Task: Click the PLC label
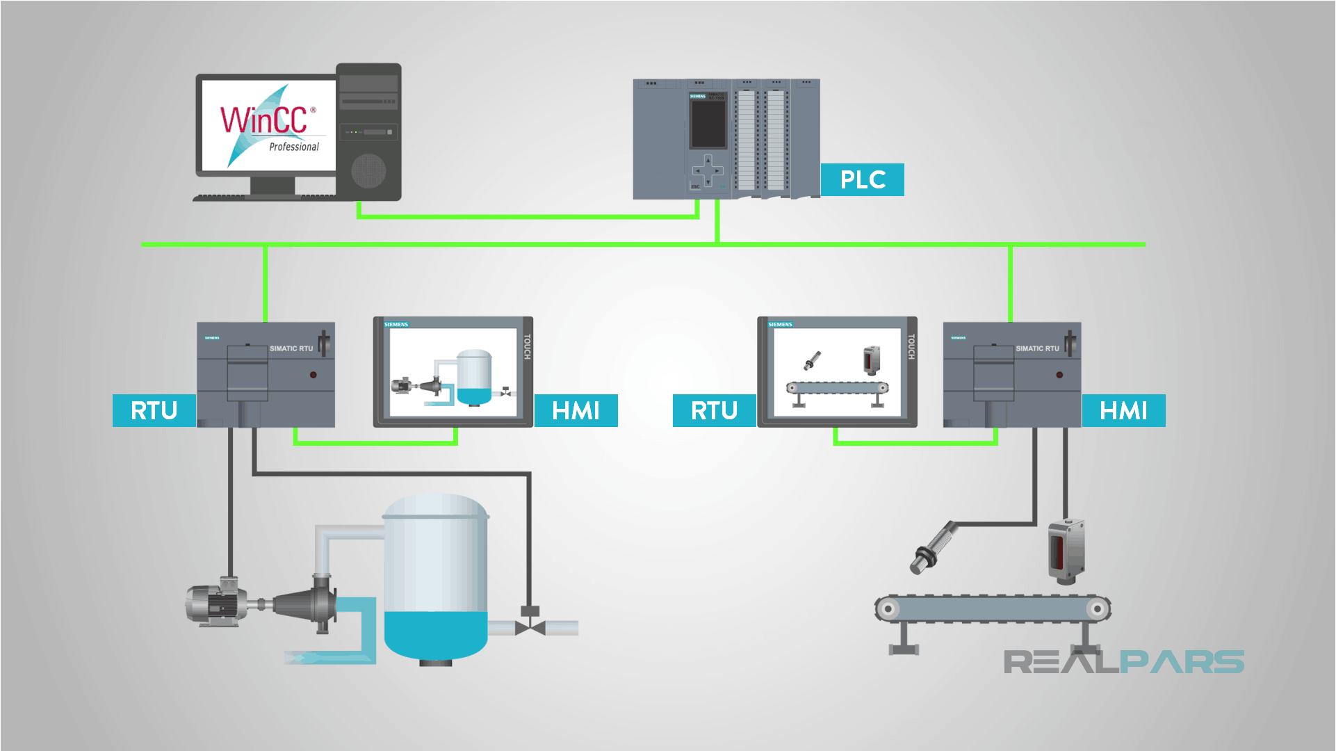(x=862, y=180)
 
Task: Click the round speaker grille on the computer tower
(x=368, y=170)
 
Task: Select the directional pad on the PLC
(x=708, y=170)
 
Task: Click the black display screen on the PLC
(x=708, y=124)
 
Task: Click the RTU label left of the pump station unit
(x=154, y=411)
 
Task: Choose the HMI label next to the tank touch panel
(x=576, y=411)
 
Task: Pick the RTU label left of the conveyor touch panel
(x=714, y=411)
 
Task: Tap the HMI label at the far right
(x=1123, y=411)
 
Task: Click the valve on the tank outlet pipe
(x=530, y=626)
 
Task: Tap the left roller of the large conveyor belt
(x=888, y=609)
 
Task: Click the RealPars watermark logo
(x=1123, y=661)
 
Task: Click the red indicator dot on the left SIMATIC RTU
(x=313, y=375)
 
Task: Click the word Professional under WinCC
(x=294, y=147)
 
